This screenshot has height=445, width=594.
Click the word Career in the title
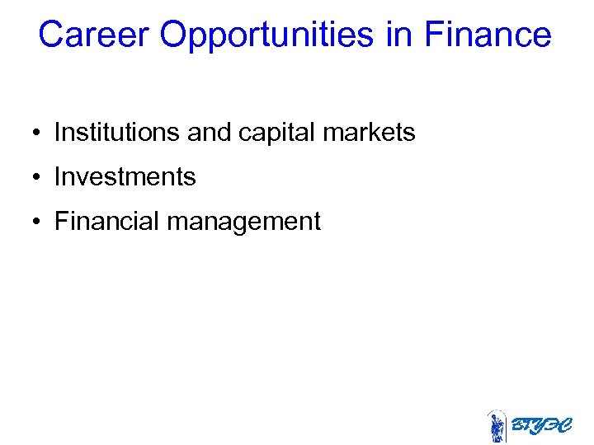pos(93,35)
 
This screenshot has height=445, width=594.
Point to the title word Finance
pos(487,35)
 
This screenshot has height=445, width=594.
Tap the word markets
pos(370,132)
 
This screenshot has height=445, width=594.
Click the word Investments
pos(125,176)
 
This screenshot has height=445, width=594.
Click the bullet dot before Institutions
pos(38,133)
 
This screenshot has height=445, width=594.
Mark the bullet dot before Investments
pos(38,177)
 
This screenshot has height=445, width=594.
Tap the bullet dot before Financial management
pos(38,222)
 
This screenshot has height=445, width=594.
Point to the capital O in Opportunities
pos(174,35)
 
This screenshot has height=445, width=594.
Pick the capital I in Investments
pos(58,176)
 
